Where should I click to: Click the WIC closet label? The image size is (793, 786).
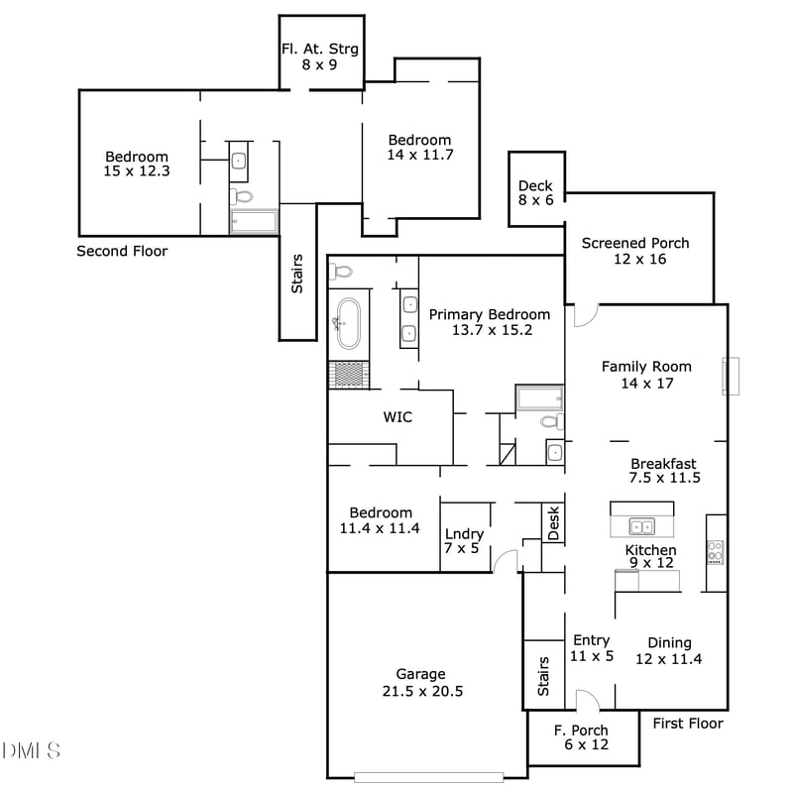point(397,417)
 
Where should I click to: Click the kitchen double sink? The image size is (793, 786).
point(641,526)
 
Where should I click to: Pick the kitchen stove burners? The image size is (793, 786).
point(715,551)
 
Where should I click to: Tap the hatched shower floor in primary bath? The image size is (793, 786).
point(349,374)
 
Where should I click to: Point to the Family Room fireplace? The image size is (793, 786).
point(732,376)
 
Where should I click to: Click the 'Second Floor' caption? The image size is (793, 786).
point(122,252)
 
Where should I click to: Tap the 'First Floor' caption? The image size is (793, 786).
point(688,724)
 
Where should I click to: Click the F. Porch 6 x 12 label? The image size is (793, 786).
point(581,737)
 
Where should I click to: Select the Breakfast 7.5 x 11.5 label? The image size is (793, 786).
point(664,470)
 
